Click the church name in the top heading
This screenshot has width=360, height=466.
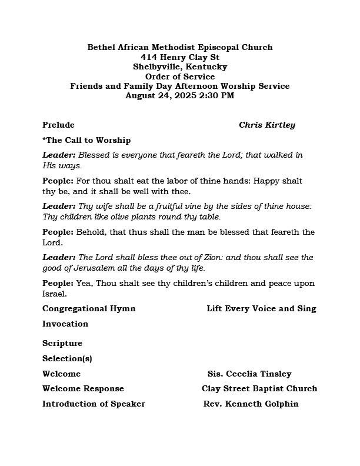180,47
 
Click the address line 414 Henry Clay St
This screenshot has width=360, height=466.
180,57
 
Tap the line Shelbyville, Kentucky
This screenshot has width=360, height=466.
180,66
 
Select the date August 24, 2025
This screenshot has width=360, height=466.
154,95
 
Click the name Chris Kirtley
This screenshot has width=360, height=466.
267,125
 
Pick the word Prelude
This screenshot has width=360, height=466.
58,125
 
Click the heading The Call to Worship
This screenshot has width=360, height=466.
88,140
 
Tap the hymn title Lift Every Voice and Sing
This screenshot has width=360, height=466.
261,308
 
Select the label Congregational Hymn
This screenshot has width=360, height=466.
89,308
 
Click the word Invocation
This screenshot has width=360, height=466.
65,324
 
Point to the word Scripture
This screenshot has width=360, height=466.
62,343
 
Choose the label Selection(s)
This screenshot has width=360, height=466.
67,358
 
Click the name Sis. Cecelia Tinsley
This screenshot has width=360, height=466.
249,374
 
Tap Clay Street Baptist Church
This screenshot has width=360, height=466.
259,388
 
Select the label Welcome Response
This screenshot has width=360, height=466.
83,388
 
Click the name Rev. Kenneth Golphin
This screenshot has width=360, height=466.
251,404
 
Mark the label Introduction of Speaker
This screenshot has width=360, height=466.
94,404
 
